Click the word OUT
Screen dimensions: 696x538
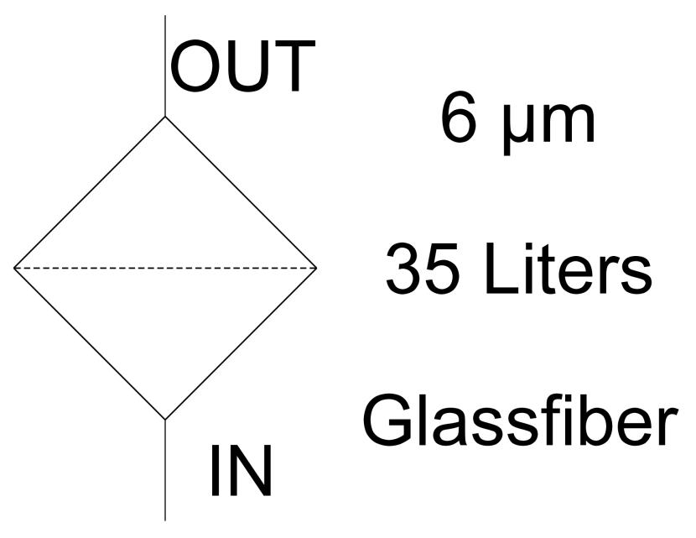pos(242,65)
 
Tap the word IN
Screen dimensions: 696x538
pos(241,471)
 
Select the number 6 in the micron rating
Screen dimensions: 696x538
pos(459,118)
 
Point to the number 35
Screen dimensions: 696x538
pos(422,269)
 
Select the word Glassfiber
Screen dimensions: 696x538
pos(520,420)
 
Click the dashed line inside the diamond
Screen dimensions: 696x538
pos(165,269)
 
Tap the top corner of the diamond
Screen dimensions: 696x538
pos(165,117)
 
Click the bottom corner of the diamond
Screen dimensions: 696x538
pos(165,420)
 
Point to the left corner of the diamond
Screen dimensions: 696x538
pos(14,269)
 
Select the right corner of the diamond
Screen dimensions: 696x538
pos(316,269)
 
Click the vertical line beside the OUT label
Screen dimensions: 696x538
pos(165,65)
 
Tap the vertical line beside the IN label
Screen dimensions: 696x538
pos(165,470)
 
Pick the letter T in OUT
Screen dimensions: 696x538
pos(293,65)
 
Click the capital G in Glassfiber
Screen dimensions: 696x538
pos(387,420)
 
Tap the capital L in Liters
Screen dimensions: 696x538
pos(501,269)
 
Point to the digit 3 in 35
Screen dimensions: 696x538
pos(403,269)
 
